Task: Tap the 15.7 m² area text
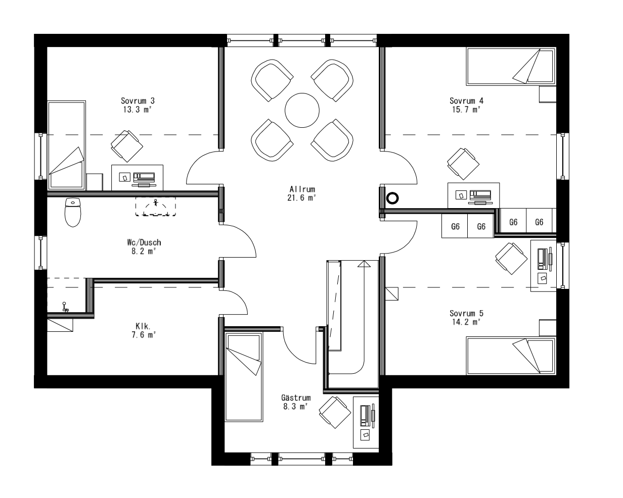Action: [465, 109]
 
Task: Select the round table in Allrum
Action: [302, 111]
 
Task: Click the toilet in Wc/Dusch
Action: [73, 212]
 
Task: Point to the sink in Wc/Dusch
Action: [155, 207]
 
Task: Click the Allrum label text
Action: [302, 189]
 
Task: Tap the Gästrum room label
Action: [296, 397]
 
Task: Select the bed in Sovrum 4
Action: [511, 66]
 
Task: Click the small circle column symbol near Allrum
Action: [392, 198]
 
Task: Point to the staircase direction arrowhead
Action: [364, 263]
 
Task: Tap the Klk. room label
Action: [142, 326]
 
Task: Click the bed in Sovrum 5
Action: [511, 357]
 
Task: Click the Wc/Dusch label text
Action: [144, 242]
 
